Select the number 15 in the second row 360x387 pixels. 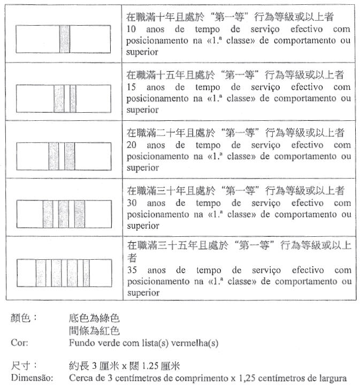click(132, 87)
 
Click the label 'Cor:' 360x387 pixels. click(19, 343)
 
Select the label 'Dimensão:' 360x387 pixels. click(31, 378)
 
